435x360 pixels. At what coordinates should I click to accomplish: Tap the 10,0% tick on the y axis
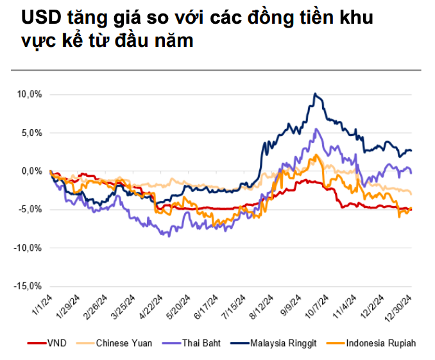(x=30, y=94)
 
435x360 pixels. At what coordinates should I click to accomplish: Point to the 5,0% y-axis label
(x=31, y=133)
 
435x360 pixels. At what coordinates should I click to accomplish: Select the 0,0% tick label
(x=31, y=171)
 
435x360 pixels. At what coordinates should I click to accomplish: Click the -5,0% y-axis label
(x=30, y=209)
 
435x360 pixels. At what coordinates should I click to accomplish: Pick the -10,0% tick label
(x=28, y=248)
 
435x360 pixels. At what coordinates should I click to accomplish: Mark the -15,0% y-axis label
(x=28, y=286)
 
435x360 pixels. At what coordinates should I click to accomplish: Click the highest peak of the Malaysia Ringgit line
(x=314, y=94)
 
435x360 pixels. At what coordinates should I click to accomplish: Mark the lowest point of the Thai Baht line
(x=169, y=236)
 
